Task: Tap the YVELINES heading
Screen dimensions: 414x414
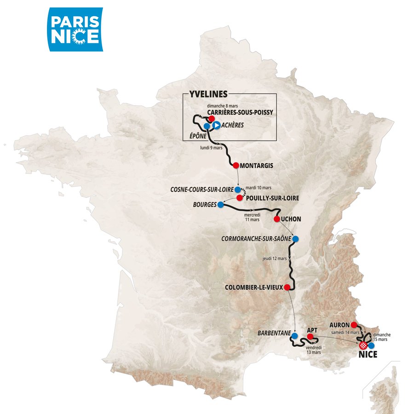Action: (x=208, y=94)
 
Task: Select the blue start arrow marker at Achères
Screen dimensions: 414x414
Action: (x=215, y=125)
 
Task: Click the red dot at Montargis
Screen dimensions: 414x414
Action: (x=236, y=165)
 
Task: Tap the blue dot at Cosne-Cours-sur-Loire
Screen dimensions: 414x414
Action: (x=237, y=189)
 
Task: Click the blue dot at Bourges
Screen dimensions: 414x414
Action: (x=220, y=204)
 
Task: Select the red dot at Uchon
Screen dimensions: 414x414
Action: (x=277, y=219)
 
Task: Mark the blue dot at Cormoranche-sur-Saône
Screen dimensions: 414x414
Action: (x=295, y=239)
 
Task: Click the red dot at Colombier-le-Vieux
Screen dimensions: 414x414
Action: (x=287, y=287)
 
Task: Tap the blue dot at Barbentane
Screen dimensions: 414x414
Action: (x=294, y=336)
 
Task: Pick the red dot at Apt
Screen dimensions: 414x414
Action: (x=310, y=337)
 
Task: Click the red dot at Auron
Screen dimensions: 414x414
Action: (x=354, y=325)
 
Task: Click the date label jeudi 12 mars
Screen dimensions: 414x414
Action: (x=274, y=259)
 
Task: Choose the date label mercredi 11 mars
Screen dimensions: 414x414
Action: (x=252, y=217)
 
